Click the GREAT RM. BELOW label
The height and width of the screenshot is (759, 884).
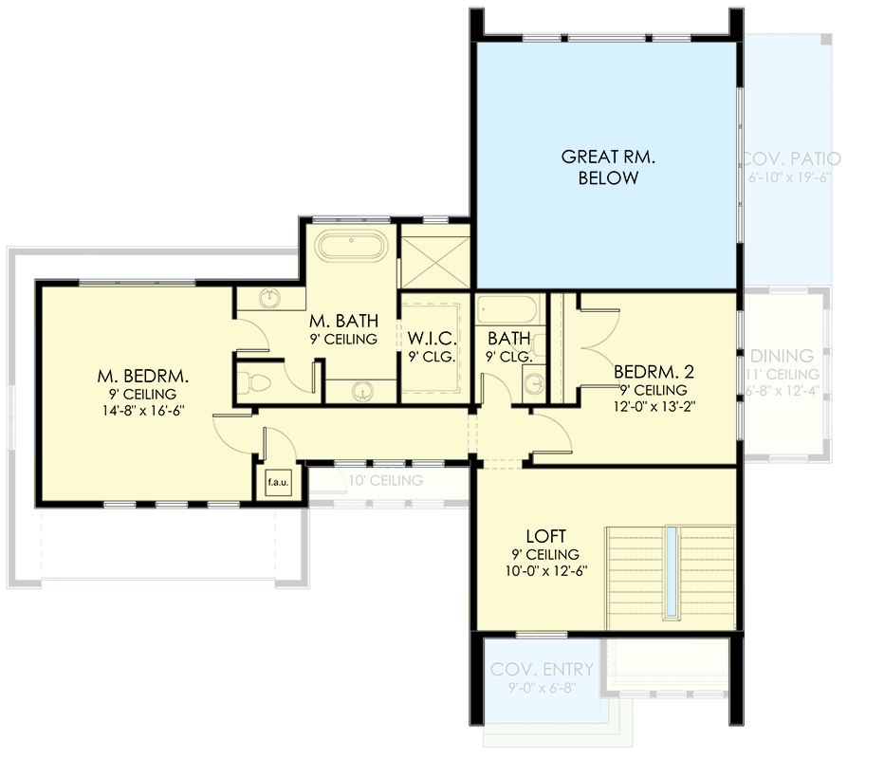(x=599, y=167)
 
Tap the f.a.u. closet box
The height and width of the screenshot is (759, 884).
(x=278, y=482)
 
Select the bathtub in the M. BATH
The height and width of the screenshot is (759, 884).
(x=351, y=247)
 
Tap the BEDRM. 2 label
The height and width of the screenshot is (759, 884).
(x=651, y=371)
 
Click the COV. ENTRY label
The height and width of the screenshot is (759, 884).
(x=542, y=669)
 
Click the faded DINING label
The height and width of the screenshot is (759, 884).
(x=782, y=356)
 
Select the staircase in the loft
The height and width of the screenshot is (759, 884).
(x=671, y=576)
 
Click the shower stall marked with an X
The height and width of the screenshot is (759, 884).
(x=434, y=257)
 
